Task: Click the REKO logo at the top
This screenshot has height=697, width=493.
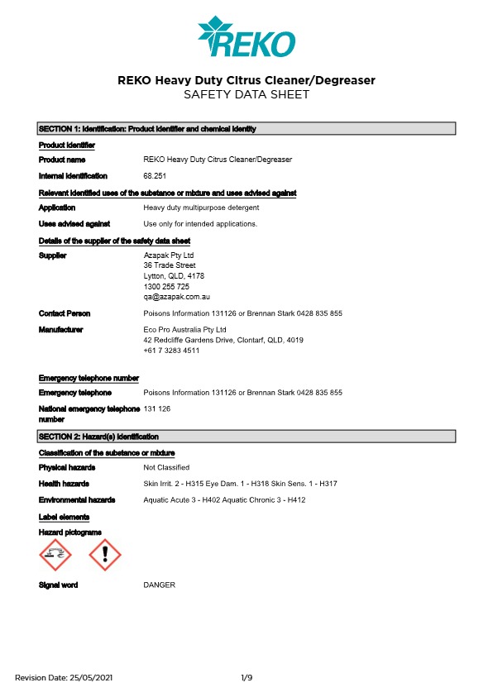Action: (246, 36)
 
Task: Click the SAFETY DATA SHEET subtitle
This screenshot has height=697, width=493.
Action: (247, 95)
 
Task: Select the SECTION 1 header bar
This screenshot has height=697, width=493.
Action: (247, 129)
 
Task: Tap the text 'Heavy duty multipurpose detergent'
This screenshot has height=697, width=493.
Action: (201, 208)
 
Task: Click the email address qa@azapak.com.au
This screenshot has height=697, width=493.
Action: (176, 296)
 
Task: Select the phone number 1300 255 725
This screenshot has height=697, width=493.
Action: (166, 286)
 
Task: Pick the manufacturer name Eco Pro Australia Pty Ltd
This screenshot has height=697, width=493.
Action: (184, 329)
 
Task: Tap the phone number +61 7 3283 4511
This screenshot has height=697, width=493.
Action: (171, 351)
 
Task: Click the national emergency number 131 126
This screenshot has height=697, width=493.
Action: (156, 409)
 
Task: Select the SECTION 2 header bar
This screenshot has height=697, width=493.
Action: (247, 437)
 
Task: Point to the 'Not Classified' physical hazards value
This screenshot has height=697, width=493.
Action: (166, 468)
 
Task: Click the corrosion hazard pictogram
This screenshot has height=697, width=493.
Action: (55, 555)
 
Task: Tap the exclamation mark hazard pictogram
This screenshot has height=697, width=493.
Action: (105, 555)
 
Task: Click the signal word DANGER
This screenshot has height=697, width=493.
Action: (160, 585)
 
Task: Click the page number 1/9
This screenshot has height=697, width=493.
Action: (247, 678)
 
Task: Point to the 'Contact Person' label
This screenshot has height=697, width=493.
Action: (65, 313)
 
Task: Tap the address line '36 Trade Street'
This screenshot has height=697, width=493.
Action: (170, 265)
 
